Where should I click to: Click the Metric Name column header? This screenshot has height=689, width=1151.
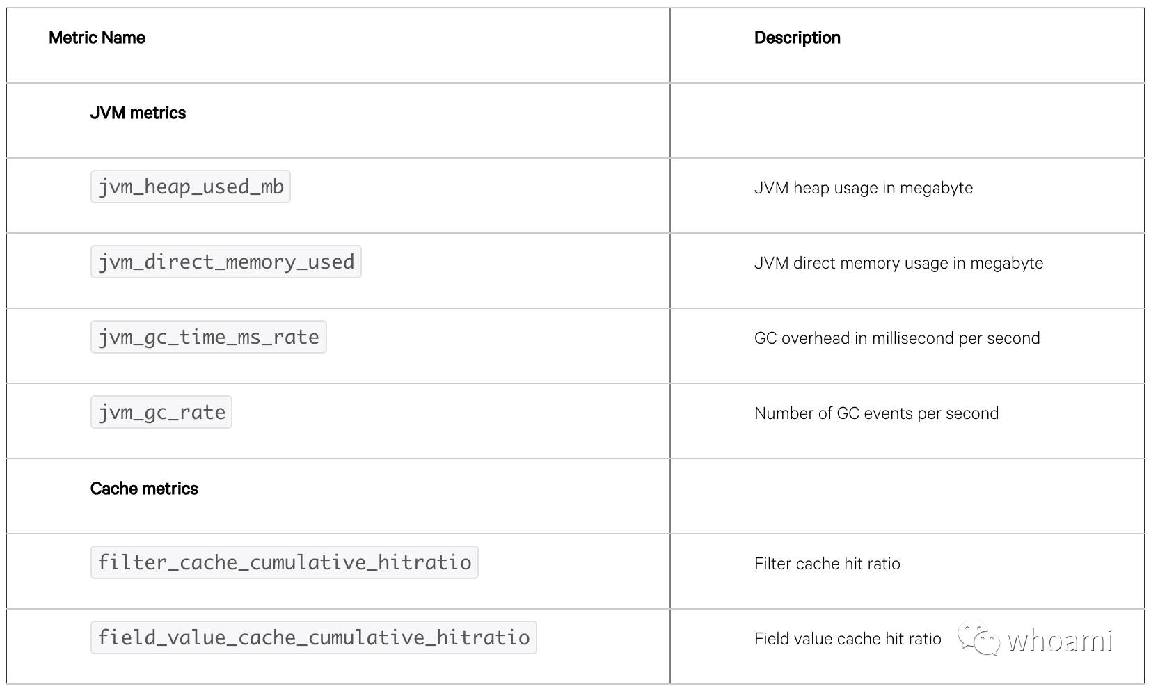[97, 38]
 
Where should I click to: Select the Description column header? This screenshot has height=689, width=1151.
[797, 38]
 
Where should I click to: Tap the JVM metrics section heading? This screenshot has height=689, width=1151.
[138, 113]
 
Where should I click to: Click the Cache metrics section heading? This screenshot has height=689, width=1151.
[144, 488]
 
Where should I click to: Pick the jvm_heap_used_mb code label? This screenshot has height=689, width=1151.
[191, 187]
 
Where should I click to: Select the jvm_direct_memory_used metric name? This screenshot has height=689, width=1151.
[226, 262]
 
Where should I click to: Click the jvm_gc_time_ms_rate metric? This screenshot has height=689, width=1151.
[209, 337]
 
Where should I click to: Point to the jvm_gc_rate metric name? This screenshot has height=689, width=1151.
[161, 412]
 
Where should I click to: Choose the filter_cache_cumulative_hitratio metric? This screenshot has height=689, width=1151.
[285, 562]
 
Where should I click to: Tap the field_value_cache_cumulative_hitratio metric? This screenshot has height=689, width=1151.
[314, 637]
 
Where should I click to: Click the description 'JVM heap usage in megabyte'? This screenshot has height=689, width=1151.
[863, 188]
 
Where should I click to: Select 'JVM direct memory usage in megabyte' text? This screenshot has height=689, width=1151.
[898, 263]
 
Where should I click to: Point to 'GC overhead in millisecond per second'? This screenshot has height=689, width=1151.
[897, 338]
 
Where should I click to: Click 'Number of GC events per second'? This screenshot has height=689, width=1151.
[877, 413]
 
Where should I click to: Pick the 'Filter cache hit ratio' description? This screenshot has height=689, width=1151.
[827, 564]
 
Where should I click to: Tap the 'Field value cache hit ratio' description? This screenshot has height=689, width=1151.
[848, 639]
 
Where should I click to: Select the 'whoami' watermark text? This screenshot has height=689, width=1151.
[1060, 640]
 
